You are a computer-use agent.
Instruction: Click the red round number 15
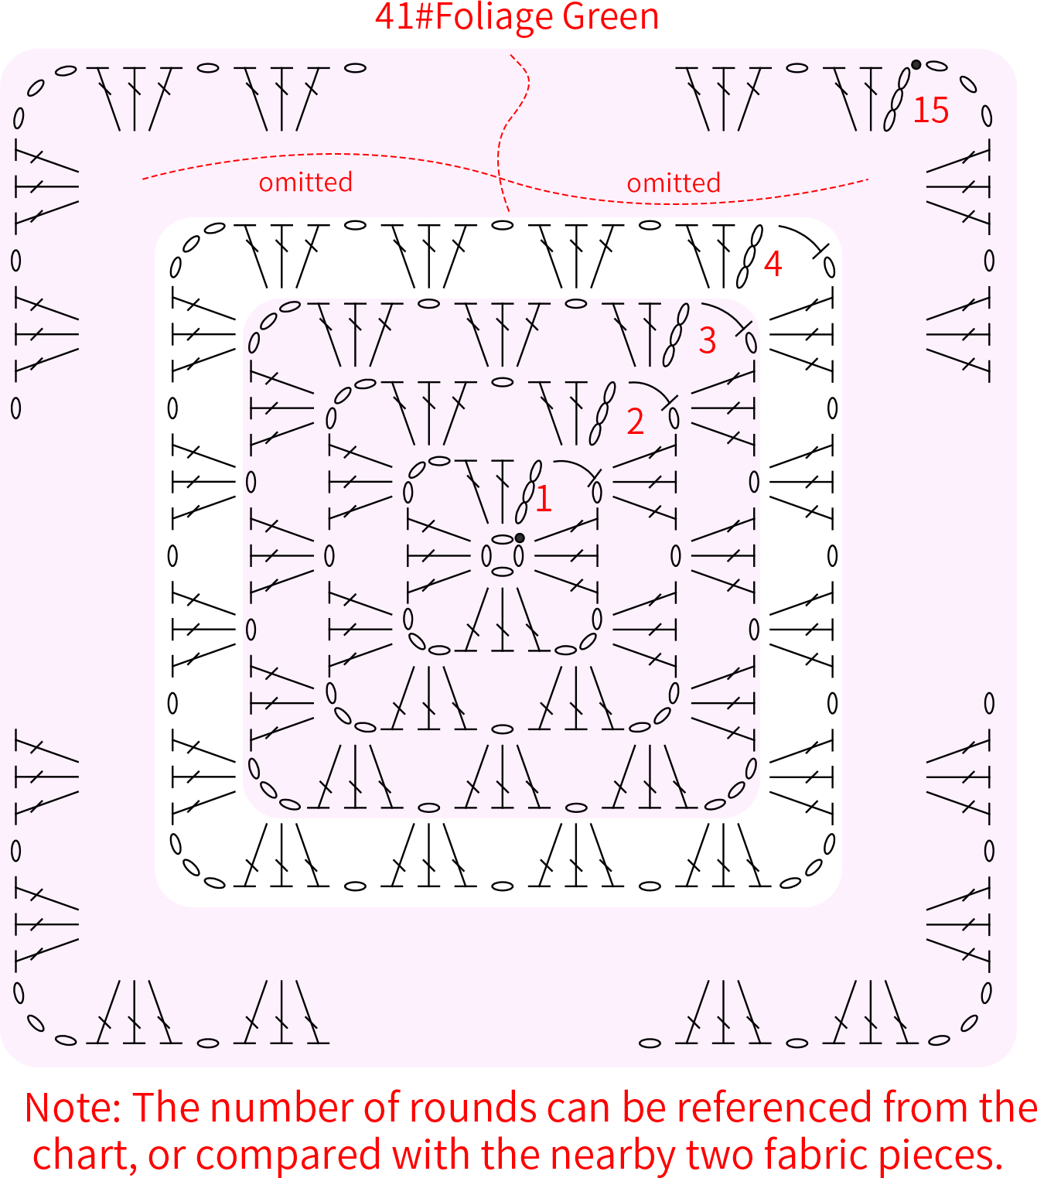930,110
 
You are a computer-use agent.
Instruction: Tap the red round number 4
773,264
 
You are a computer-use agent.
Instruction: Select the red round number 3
707,340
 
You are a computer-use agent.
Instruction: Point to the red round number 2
635,422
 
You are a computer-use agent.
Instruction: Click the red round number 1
544,498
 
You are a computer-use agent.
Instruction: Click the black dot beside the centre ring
520,538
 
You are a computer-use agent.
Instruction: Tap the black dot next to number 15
916,64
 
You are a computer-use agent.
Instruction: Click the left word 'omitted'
305,182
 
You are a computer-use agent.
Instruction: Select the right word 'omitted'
674,183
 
